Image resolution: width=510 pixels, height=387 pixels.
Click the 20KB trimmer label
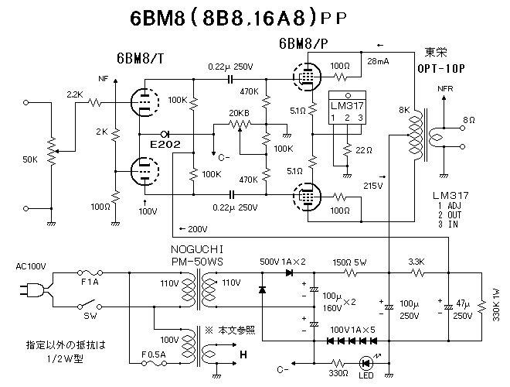[240, 113]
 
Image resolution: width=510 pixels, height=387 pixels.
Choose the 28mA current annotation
[379, 60]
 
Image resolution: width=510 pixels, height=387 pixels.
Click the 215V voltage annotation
[374, 186]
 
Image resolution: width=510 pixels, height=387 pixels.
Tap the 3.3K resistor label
[417, 263]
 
